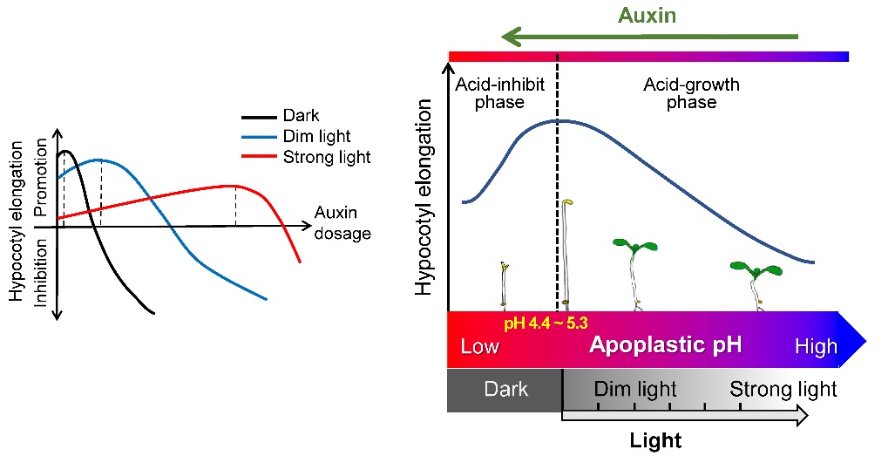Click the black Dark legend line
(x=258, y=116)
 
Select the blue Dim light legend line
(x=258, y=137)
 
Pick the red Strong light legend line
(x=258, y=158)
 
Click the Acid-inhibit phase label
(x=500, y=93)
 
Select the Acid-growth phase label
(x=691, y=93)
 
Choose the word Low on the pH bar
(x=480, y=347)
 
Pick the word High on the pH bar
(x=816, y=347)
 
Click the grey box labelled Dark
(x=505, y=389)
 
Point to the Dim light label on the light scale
(x=635, y=389)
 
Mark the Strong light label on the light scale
(x=783, y=389)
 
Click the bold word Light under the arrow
(x=655, y=440)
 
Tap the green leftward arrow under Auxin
(x=650, y=37)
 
